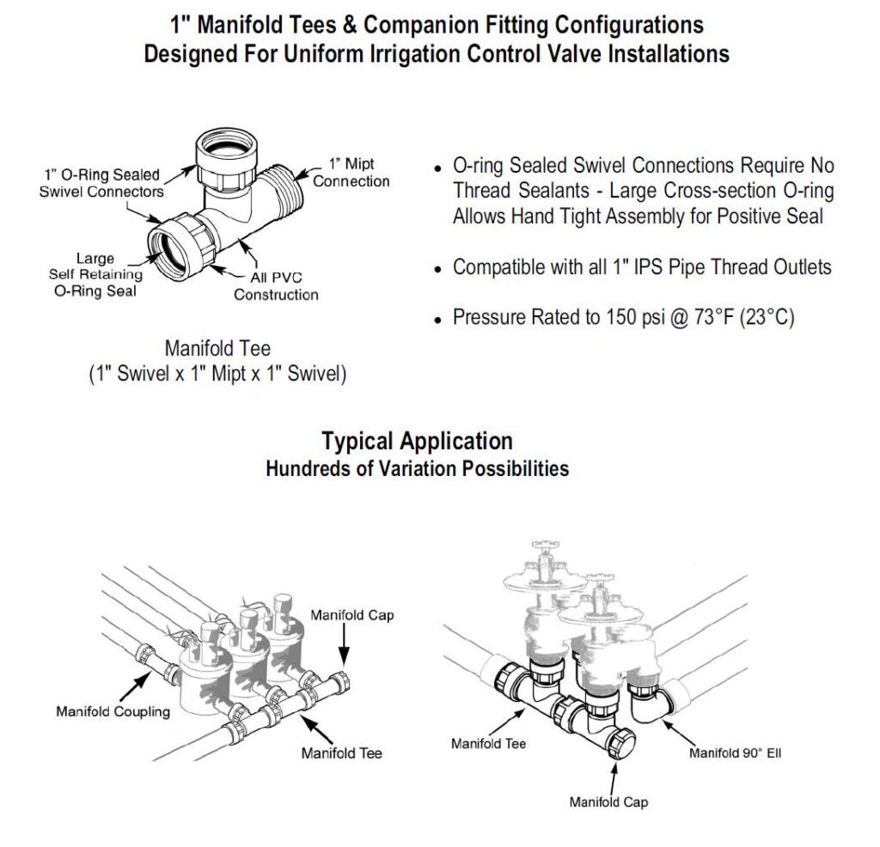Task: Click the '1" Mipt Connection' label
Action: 351,172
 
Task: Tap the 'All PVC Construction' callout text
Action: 276,286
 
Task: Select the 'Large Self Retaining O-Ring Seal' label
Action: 95,274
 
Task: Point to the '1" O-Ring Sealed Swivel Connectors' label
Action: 101,183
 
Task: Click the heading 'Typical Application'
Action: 417,442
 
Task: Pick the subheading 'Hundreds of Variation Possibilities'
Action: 417,469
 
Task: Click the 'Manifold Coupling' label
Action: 113,711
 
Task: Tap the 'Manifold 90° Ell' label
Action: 735,753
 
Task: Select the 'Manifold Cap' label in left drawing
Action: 352,615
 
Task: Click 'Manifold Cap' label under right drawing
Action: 608,802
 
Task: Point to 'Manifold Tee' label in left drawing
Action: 341,753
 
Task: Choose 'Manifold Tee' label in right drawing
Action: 488,743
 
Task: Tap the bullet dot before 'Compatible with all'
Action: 438,269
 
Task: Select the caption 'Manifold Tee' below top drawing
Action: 217,349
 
